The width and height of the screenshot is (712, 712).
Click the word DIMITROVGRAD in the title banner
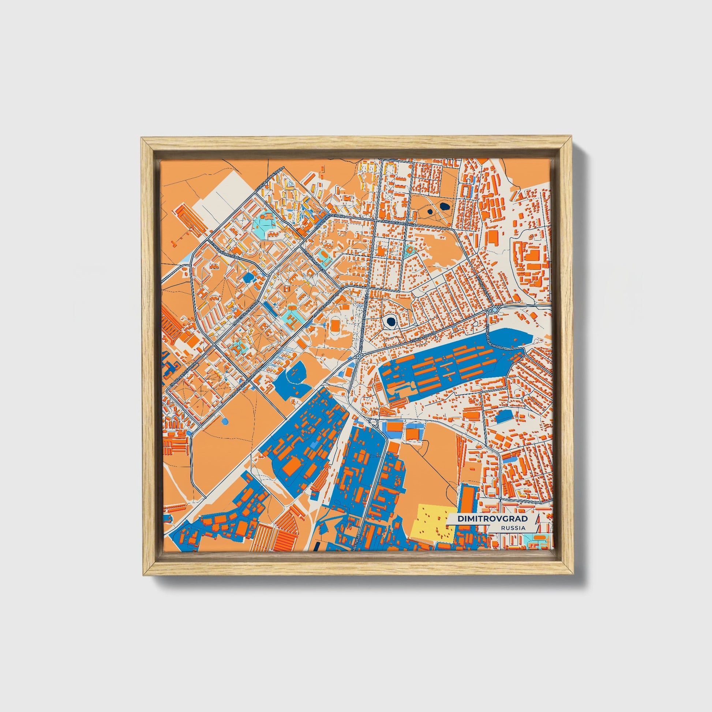492,519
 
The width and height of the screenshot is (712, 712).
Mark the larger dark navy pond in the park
445,206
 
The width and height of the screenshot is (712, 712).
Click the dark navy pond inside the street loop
390,321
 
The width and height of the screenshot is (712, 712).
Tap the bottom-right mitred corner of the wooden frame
572,574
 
